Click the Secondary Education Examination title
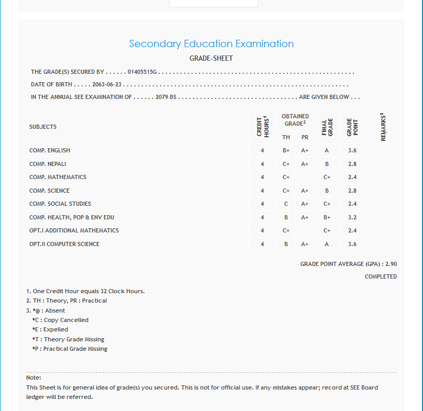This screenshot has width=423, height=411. pos(211,44)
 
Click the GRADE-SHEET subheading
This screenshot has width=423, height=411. pos(211,58)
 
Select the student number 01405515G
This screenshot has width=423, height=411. pos(142,72)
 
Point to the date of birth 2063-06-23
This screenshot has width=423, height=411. pos(107,84)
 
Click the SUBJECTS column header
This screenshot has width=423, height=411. pos(43,127)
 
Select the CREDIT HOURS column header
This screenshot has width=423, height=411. pos(262,127)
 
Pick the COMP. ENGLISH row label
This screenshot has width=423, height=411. pos(50,150)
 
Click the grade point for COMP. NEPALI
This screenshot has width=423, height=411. pos(352,164)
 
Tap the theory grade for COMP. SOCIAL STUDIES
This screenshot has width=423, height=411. pos(286,204)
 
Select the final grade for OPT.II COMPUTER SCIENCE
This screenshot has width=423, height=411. pos(327,244)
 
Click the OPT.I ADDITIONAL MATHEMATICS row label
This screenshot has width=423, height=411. pos(74,230)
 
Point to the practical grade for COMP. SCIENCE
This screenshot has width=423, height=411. pos(305,191)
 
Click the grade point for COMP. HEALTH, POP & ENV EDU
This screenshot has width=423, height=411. pos(352,217)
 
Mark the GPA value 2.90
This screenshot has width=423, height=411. pos(391,264)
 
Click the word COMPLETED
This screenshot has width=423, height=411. pos(381,276)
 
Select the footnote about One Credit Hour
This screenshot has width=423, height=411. pos(85,291)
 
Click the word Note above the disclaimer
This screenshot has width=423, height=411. pos(34,377)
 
